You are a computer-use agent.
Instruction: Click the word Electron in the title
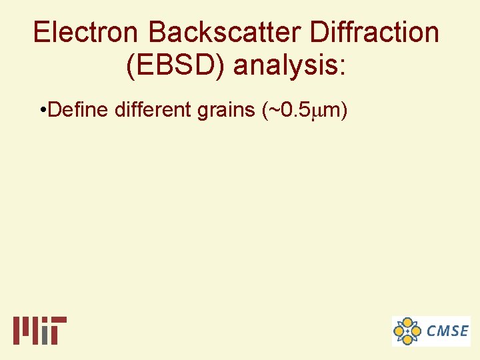click(x=88, y=32)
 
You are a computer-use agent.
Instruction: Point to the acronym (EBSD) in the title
click(x=173, y=65)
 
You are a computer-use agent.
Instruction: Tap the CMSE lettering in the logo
click(x=447, y=331)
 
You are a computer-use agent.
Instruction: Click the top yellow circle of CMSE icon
click(x=407, y=322)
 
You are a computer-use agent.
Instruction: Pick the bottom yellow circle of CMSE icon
click(x=407, y=339)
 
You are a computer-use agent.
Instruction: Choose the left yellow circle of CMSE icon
click(x=399, y=331)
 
